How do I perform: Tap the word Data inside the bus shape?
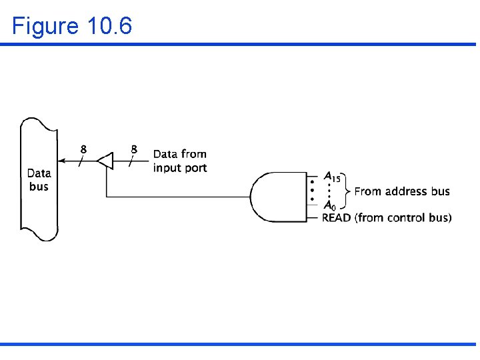39,173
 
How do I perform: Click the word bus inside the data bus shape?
39,187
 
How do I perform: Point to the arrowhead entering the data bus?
62,161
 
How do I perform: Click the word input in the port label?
167,168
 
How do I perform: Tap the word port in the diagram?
195,168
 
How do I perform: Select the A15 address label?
332,177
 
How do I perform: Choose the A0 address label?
329,205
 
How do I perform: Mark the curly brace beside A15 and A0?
347,191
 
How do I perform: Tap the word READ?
337,217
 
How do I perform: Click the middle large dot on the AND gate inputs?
311,189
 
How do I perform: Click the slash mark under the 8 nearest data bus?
81,161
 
